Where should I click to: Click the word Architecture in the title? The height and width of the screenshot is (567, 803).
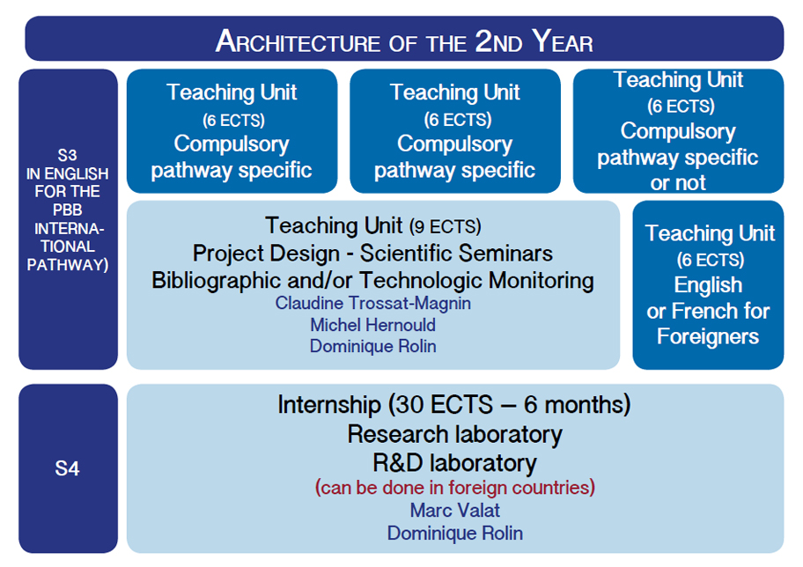coord(298,41)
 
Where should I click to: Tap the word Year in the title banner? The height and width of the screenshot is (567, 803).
coord(563,41)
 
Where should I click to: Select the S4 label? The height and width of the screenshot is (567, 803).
coord(67,468)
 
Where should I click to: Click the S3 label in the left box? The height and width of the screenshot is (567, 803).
coord(67,155)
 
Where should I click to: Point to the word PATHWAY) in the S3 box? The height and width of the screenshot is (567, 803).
coord(68,265)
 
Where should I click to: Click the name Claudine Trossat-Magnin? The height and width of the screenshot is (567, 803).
coord(372,303)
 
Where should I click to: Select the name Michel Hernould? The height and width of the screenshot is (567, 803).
coord(372,325)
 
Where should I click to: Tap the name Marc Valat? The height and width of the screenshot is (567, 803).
coord(454,510)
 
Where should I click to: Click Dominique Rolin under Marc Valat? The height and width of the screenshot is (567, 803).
coord(454,534)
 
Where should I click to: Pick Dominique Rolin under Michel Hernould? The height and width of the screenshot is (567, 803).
coord(372,346)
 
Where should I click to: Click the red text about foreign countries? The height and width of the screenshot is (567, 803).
coord(454,487)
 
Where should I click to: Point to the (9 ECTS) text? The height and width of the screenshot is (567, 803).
coord(445,226)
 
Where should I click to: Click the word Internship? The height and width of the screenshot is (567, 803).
coord(329,405)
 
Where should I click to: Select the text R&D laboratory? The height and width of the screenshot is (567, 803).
coord(454,463)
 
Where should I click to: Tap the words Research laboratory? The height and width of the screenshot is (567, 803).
coord(454,434)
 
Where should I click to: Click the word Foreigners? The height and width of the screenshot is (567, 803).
coord(708,336)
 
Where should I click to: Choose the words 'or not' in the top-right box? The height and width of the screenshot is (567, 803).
coord(678,183)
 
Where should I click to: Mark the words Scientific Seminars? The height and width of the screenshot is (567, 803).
coord(456,253)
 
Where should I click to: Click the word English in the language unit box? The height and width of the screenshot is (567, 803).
coord(708,285)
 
